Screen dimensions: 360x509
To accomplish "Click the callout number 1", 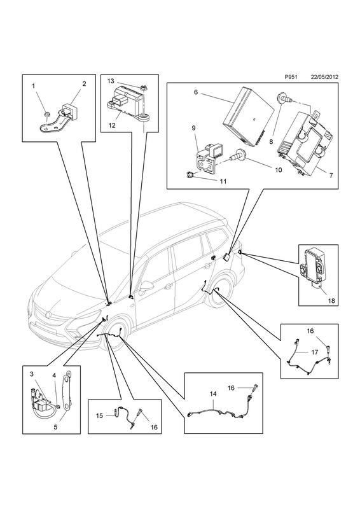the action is [x=34, y=86].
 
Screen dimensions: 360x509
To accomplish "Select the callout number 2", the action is [x=84, y=83].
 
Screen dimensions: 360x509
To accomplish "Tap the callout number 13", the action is [x=111, y=81].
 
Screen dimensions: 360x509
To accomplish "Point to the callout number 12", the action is [x=112, y=125].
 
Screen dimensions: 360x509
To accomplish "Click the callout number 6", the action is [x=196, y=92].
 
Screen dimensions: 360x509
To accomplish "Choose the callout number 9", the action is [x=193, y=128].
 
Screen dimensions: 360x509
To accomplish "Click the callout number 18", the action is [x=331, y=301].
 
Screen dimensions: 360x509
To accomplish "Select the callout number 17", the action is [x=314, y=352].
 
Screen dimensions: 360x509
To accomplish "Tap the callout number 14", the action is [x=213, y=394].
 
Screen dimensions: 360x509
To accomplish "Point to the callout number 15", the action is [x=99, y=415].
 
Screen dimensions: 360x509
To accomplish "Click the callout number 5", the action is [x=55, y=427].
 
